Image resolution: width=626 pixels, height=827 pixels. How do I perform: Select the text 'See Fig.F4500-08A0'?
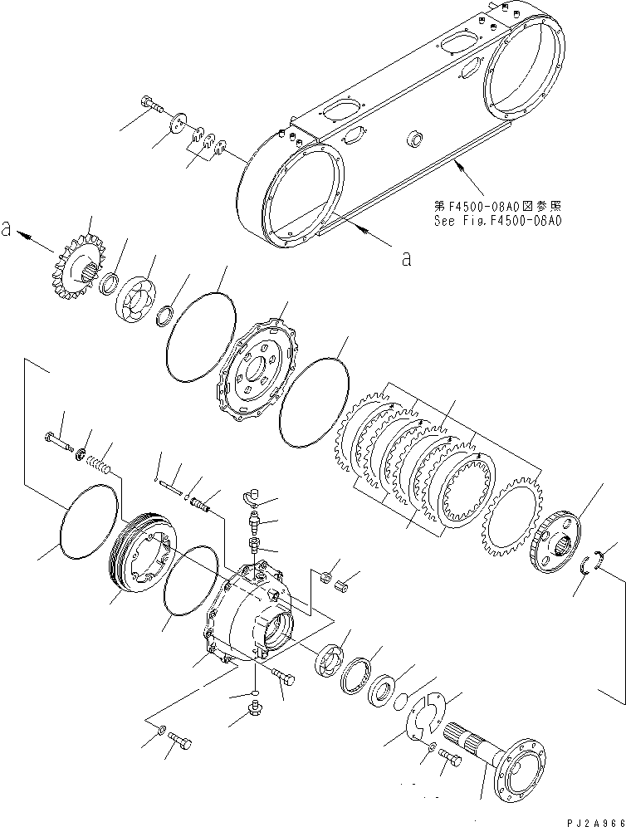pyautogui.click(x=498, y=221)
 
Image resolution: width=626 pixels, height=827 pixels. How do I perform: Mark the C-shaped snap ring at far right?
pyautogui.click(x=590, y=562)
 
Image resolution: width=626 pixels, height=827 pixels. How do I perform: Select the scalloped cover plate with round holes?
pyautogui.click(x=252, y=366)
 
